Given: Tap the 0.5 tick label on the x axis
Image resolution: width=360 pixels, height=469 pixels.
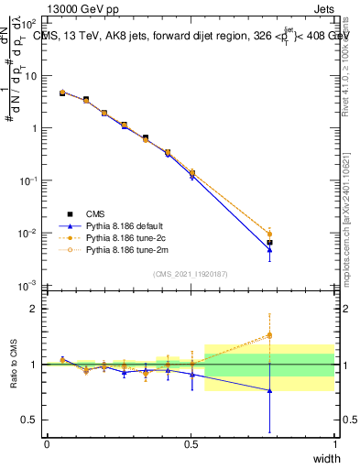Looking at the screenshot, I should point(191,444).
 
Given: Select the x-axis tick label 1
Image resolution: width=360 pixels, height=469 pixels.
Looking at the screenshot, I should point(334,444).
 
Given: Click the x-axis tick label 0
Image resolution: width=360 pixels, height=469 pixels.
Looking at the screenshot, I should point(47,444).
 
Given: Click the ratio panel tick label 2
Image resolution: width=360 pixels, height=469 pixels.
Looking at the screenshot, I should point(35,309).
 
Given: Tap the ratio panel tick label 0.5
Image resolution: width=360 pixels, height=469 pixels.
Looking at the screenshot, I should point(31,420).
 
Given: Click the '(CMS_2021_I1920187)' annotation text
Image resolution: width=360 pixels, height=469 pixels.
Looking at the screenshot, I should point(191,274).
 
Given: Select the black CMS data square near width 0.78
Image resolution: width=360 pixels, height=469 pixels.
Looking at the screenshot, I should point(269,243).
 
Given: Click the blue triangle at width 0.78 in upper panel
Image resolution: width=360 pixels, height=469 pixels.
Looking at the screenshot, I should point(269,249).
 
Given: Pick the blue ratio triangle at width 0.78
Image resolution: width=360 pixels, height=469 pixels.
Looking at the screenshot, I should point(269,390).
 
